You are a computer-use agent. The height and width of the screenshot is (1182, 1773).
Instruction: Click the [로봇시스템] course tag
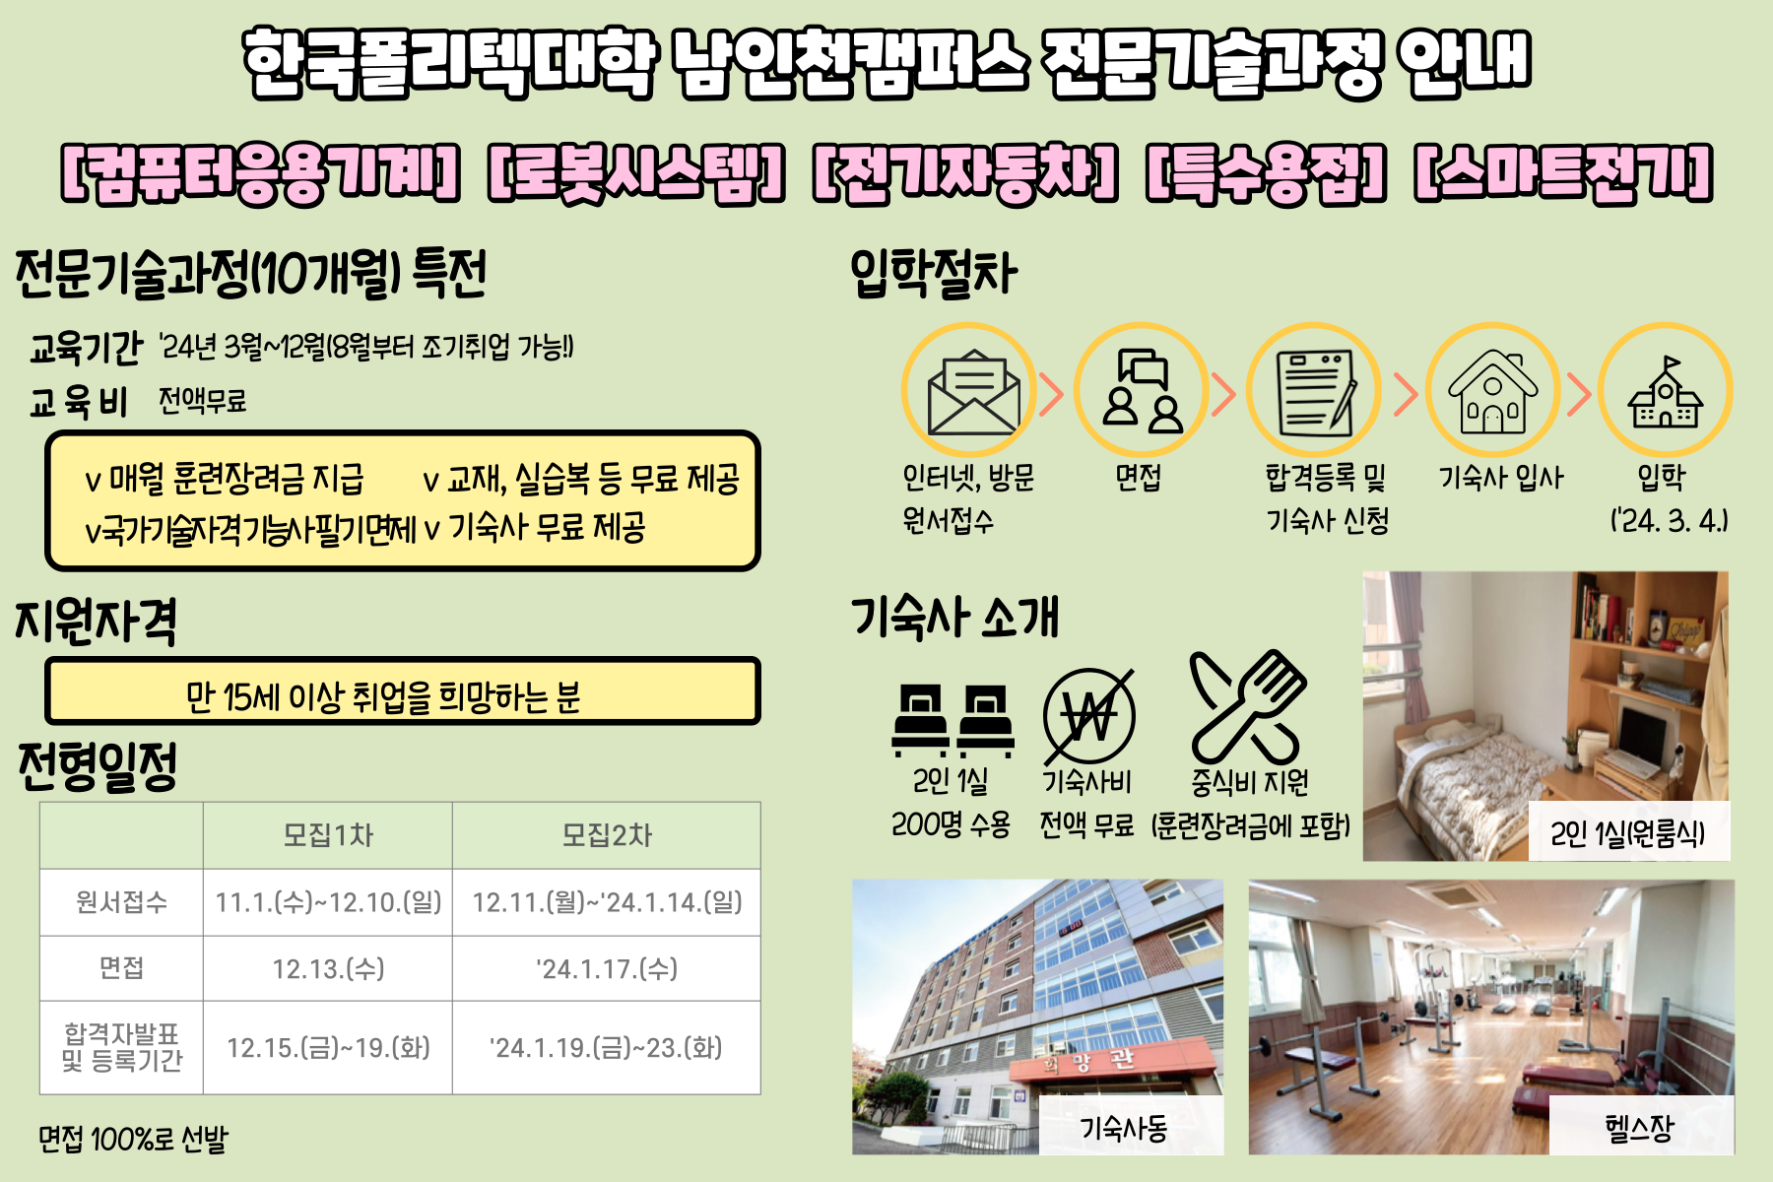pyautogui.click(x=636, y=173)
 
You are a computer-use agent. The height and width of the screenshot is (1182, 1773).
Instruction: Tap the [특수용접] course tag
pyautogui.click(x=1267, y=173)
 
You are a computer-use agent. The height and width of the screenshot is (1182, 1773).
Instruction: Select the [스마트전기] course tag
pyautogui.click(x=1564, y=173)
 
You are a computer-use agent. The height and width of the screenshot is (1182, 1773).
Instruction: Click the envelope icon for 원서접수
pyautogui.click(x=972, y=391)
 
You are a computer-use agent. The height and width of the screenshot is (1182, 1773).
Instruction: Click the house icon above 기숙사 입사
pyautogui.click(x=1492, y=391)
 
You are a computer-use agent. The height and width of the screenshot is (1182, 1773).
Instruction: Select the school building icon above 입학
pyautogui.click(x=1666, y=391)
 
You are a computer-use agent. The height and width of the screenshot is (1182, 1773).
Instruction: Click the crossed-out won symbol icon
pyautogui.click(x=1088, y=715)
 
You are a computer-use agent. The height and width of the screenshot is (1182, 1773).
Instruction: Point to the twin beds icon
pyautogui.click(x=952, y=719)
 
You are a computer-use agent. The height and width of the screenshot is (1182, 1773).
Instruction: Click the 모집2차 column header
pyautogui.click(x=607, y=835)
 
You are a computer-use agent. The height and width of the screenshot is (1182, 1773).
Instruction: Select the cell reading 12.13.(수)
pyautogui.click(x=328, y=969)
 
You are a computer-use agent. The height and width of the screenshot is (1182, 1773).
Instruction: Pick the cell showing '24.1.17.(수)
pyautogui.click(x=607, y=969)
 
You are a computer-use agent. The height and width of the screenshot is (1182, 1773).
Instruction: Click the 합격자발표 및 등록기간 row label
pyautogui.click(x=122, y=1047)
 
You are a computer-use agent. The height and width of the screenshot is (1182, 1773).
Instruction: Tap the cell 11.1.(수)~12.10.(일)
pyautogui.click(x=328, y=902)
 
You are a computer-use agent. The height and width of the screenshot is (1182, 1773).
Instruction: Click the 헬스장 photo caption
pyautogui.click(x=1640, y=1127)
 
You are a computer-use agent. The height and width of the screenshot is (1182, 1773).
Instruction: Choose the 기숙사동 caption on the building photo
pyautogui.click(x=1125, y=1127)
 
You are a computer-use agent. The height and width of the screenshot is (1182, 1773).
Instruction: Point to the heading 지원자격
pyautogui.click(x=97, y=623)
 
